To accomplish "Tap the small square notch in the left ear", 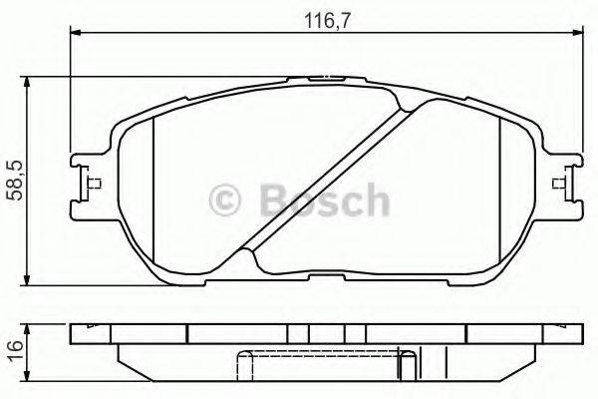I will pyautogui.click(x=93, y=183).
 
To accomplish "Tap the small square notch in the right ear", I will pyautogui.click(x=559, y=183).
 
